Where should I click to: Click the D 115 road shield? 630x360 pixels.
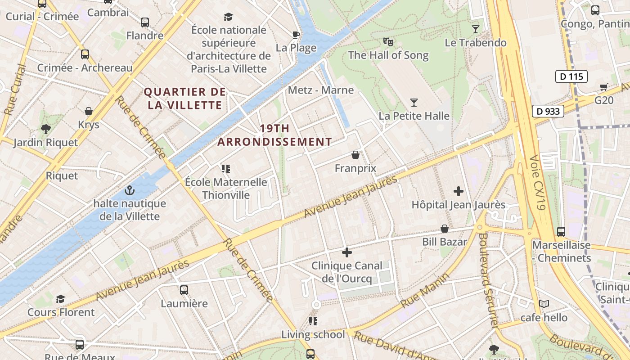pyautogui.click(x=572, y=76)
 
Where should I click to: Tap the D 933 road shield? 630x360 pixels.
pyautogui.click(x=548, y=111)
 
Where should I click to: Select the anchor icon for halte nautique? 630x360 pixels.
pyautogui.click(x=130, y=190)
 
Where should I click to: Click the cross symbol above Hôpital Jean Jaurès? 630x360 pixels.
pyautogui.click(x=459, y=192)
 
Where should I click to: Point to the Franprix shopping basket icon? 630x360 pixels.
pyautogui.click(x=355, y=155)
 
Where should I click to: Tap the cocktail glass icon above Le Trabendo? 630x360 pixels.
pyautogui.click(x=476, y=30)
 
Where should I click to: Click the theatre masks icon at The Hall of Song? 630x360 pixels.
pyautogui.click(x=388, y=42)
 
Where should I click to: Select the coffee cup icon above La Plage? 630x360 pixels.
pyautogui.click(x=296, y=35)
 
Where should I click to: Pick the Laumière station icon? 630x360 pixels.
pyautogui.click(x=184, y=290)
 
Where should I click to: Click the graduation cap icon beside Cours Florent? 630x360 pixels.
pyautogui.click(x=61, y=299)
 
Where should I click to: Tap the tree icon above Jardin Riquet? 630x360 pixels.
pyautogui.click(x=45, y=129)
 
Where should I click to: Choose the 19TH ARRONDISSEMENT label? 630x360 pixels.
pyautogui.click(x=274, y=135)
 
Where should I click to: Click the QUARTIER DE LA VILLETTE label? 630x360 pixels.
pyautogui.click(x=185, y=99)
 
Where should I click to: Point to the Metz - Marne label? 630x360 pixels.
pyautogui.click(x=321, y=90)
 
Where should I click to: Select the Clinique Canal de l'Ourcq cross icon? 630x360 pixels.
pyautogui.click(x=346, y=252)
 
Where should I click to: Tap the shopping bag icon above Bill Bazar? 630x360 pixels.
pyautogui.click(x=445, y=229)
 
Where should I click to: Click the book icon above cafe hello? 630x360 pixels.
pyautogui.click(x=544, y=304)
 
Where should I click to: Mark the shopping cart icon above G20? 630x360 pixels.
pyautogui.click(x=604, y=87)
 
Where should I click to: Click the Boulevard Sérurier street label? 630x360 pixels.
pyautogui.click(x=489, y=279)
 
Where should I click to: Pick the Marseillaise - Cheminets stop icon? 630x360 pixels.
pyautogui.click(x=561, y=232)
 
